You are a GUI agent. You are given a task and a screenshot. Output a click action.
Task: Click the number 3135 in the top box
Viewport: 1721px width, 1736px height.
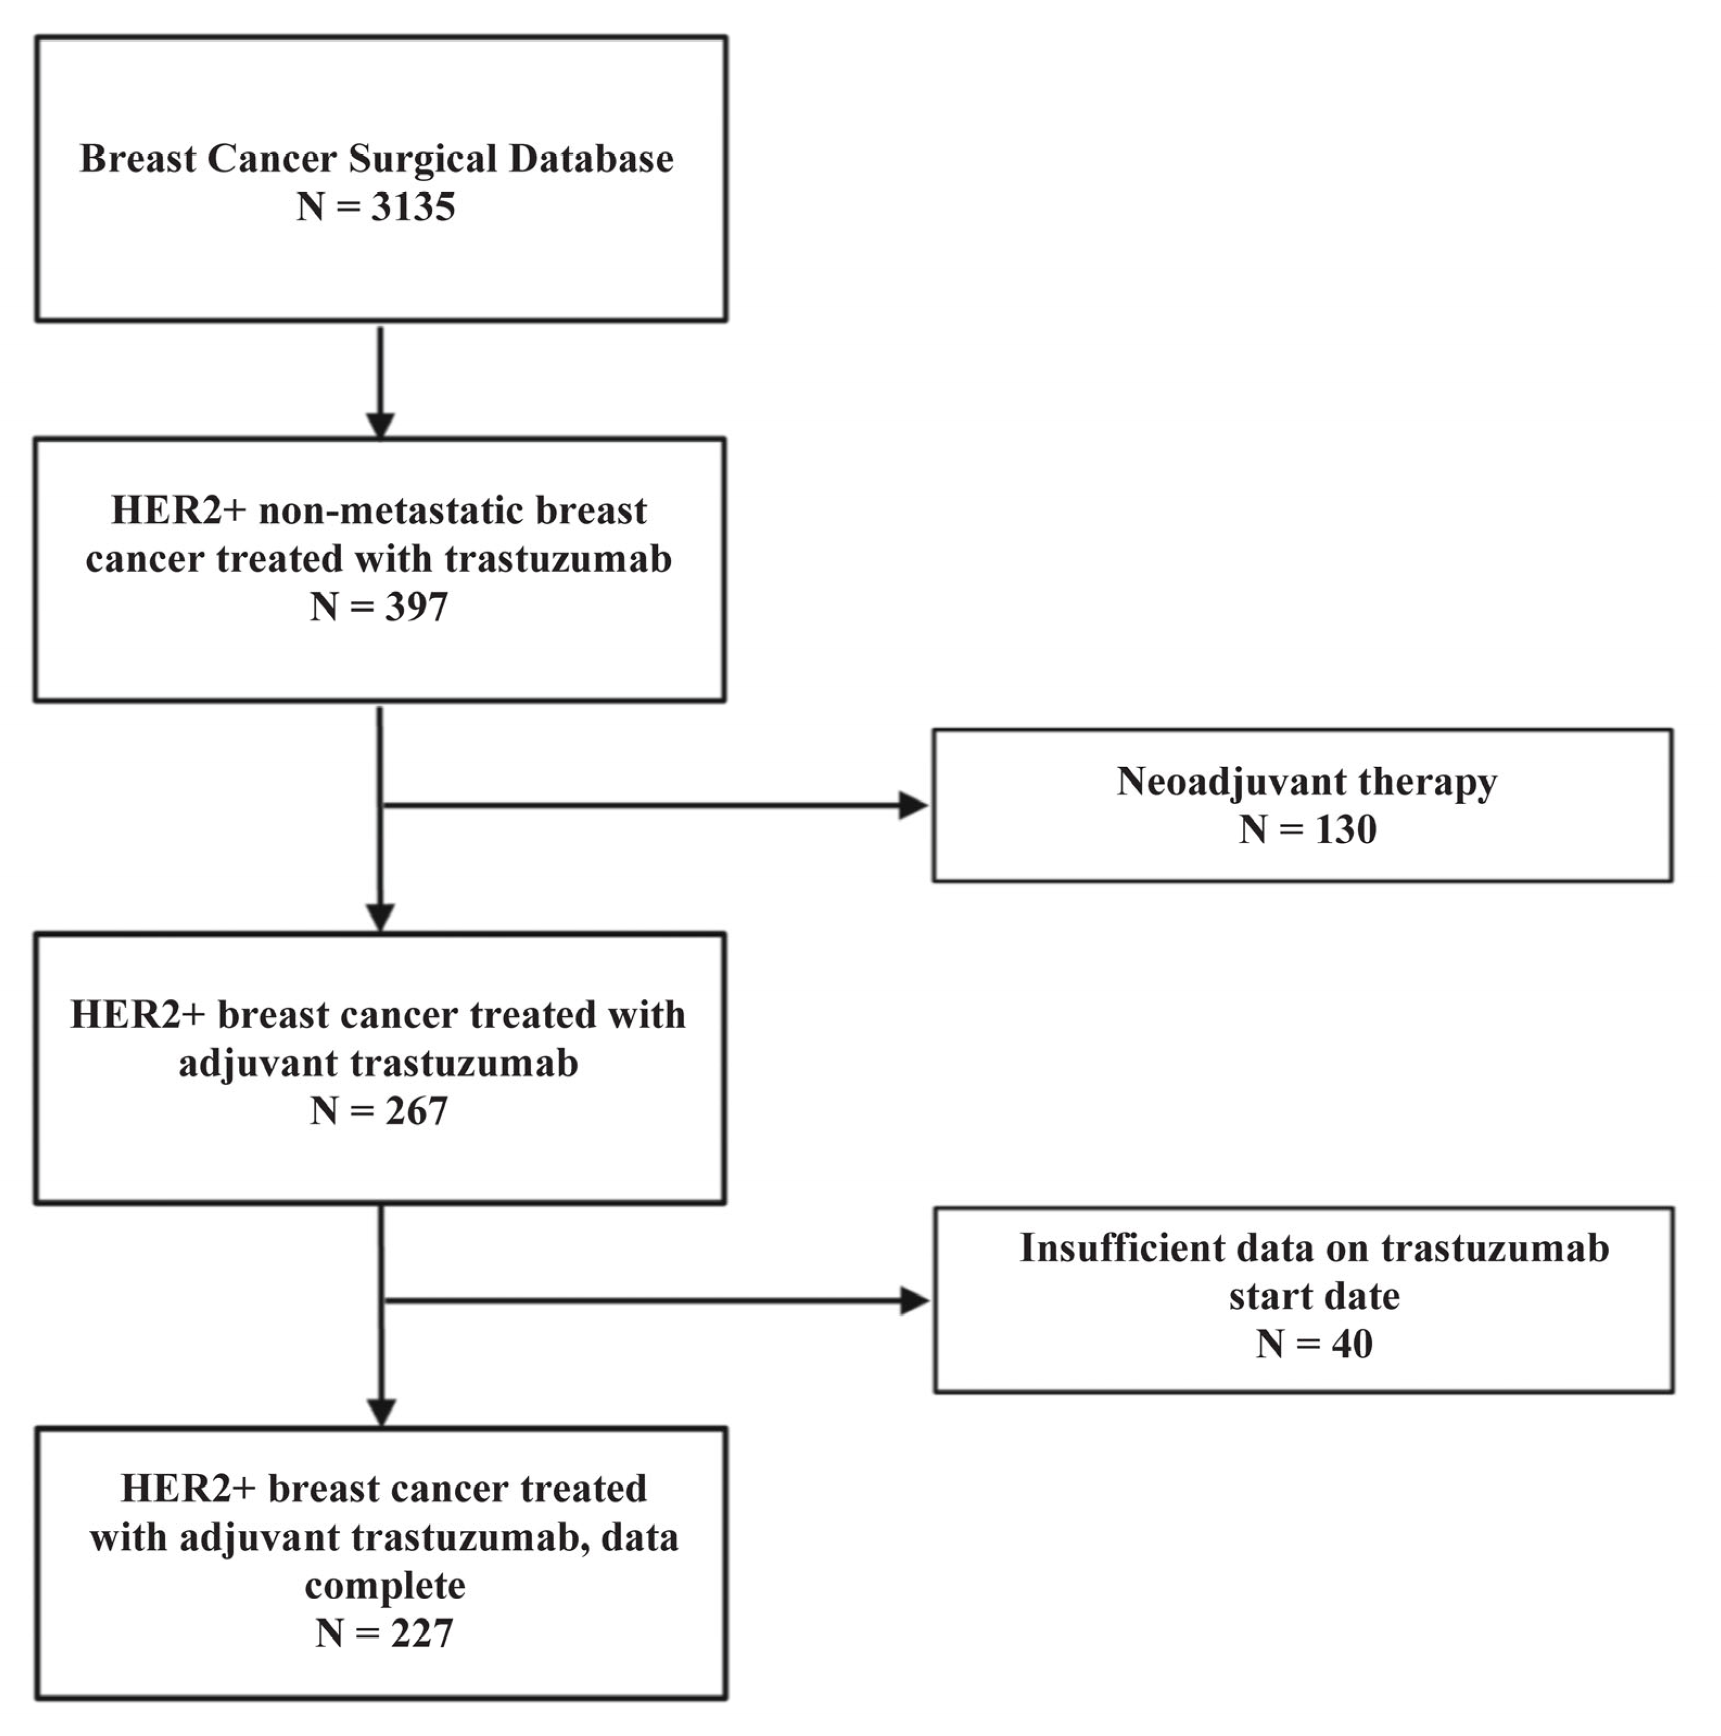pyautogui.click(x=412, y=207)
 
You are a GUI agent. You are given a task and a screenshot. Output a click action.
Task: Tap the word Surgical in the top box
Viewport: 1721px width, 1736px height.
pyautogui.click(x=421, y=159)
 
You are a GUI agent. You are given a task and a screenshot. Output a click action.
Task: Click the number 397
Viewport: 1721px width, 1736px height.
pyautogui.click(x=416, y=607)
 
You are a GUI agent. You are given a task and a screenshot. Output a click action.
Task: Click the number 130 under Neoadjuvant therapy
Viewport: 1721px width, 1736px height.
pyautogui.click(x=1345, y=829)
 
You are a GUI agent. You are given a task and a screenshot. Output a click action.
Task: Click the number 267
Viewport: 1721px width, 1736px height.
pyautogui.click(x=416, y=1112)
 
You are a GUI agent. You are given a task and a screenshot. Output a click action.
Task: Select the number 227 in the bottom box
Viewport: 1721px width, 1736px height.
pyautogui.click(x=421, y=1633)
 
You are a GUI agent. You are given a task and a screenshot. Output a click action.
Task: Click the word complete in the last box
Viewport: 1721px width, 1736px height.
pyautogui.click(x=384, y=1585)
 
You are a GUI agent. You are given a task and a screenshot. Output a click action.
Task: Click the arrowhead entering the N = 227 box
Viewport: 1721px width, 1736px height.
pyautogui.click(x=382, y=1411)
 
